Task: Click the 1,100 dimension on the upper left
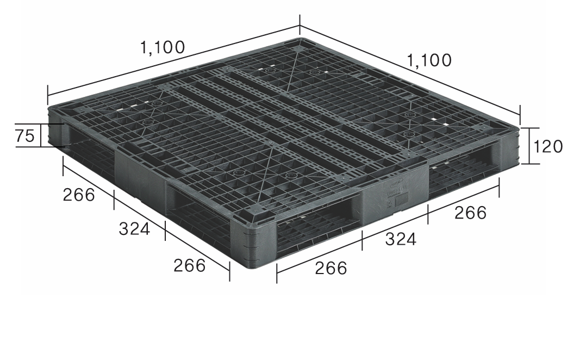coord(163,47)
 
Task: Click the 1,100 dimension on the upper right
coord(429,60)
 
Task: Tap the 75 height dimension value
coord(26,135)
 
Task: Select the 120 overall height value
coord(548,146)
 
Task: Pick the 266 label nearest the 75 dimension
coord(79,195)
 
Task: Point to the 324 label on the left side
coord(134,228)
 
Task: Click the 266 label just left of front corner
coord(190,265)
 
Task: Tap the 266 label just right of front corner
coord(331,268)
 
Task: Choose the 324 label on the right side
coord(401,239)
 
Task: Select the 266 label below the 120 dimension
coord(470,213)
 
